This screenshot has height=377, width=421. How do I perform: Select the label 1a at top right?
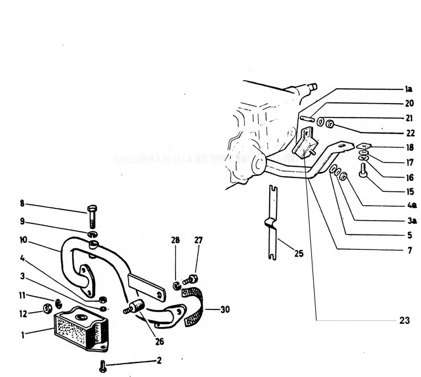click(x=408, y=89)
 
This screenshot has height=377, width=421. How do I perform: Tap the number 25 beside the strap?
click(x=298, y=254)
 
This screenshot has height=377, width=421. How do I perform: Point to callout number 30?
click(x=224, y=309)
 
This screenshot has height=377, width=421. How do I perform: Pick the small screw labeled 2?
click(x=103, y=365)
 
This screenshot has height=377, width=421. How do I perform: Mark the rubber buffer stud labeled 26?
click(x=136, y=306)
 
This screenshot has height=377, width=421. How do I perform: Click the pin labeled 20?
click(x=307, y=119)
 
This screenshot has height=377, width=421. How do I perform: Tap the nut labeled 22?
click(x=330, y=123)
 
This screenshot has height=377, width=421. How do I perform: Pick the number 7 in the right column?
click(x=409, y=251)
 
